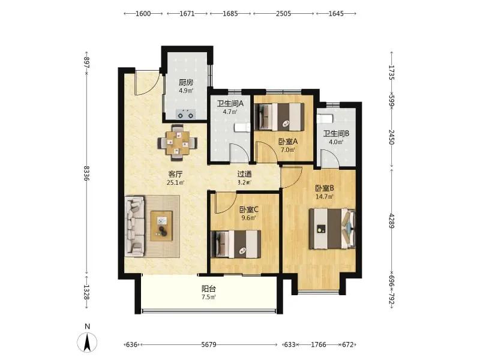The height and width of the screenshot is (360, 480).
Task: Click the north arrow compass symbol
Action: pyautogui.click(x=87, y=342)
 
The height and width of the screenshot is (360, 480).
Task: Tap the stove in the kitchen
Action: pyautogui.click(x=185, y=115)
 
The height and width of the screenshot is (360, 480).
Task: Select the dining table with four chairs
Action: pyautogui.click(x=177, y=143)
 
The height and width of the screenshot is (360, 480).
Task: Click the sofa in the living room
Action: pyautogui.click(x=135, y=226)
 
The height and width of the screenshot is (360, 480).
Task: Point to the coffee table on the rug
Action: pyautogui.click(x=161, y=226)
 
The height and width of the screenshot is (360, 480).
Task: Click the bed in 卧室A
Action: pyautogui.click(x=279, y=117)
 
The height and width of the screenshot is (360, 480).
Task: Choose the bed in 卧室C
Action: pyautogui.click(x=236, y=244)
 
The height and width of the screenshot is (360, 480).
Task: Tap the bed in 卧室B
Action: pyautogui.click(x=332, y=229)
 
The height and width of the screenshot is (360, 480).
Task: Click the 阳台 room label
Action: pyautogui.click(x=209, y=289)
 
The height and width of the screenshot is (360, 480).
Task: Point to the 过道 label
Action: pyautogui.click(x=244, y=174)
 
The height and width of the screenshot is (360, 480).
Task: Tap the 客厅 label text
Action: pyautogui.click(x=175, y=175)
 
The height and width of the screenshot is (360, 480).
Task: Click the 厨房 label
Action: pyautogui.click(x=186, y=82)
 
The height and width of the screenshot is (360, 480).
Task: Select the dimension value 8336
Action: pyautogui.click(x=86, y=173)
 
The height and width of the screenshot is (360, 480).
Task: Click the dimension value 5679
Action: pyautogui.click(x=209, y=344)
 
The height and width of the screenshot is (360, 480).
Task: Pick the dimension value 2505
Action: pyautogui.click(x=283, y=13)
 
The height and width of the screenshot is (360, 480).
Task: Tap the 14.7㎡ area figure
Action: pyautogui.click(x=325, y=197)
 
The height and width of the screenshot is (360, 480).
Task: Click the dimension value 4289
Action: pyautogui.click(x=391, y=221)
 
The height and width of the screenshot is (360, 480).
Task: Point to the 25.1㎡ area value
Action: pyautogui.click(x=176, y=183)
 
